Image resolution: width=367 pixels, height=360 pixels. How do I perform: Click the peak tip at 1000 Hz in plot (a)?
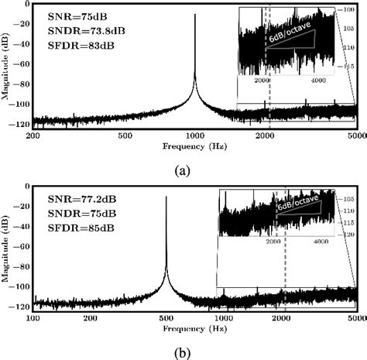(x=195, y=15)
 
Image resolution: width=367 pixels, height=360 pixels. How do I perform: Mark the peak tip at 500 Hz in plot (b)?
(x=166, y=196)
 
